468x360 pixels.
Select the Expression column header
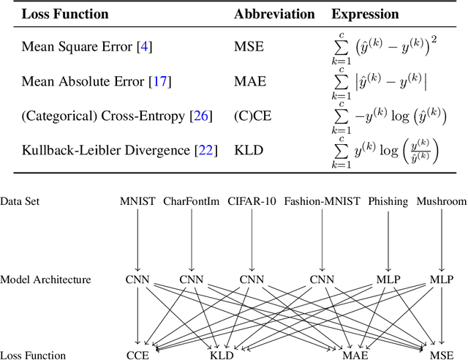[x=366, y=14]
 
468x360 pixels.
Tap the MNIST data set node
[x=137, y=200]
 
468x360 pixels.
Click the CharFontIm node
[x=191, y=200]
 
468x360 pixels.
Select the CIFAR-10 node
[x=252, y=200]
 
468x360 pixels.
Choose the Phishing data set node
[x=388, y=200]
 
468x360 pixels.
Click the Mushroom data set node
[x=442, y=200]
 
